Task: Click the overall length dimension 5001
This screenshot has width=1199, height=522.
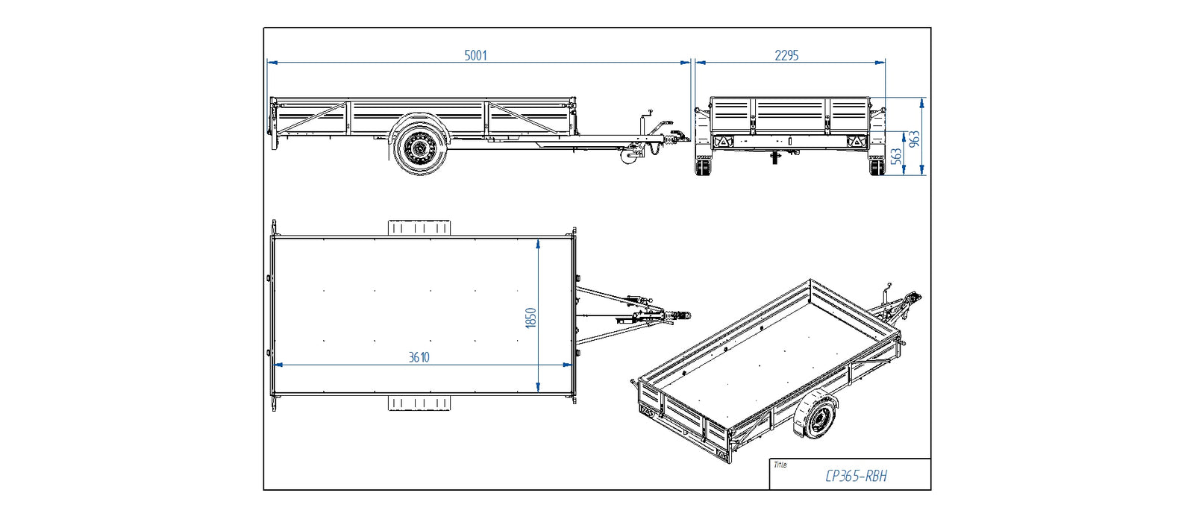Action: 475,55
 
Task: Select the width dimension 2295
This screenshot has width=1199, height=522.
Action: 786,55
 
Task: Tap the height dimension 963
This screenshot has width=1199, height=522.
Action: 914,139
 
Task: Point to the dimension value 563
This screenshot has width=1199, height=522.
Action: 896,155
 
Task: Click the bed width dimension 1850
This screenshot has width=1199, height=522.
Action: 530,318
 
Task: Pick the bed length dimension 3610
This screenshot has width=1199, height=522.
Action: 419,357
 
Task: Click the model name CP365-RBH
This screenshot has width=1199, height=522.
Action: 856,476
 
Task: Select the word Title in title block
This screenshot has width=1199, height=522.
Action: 780,465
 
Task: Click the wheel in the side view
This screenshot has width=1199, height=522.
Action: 419,148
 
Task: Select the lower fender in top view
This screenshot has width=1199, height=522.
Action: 419,403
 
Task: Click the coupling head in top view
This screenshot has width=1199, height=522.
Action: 680,317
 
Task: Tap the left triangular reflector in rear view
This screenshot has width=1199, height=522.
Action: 722,142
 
